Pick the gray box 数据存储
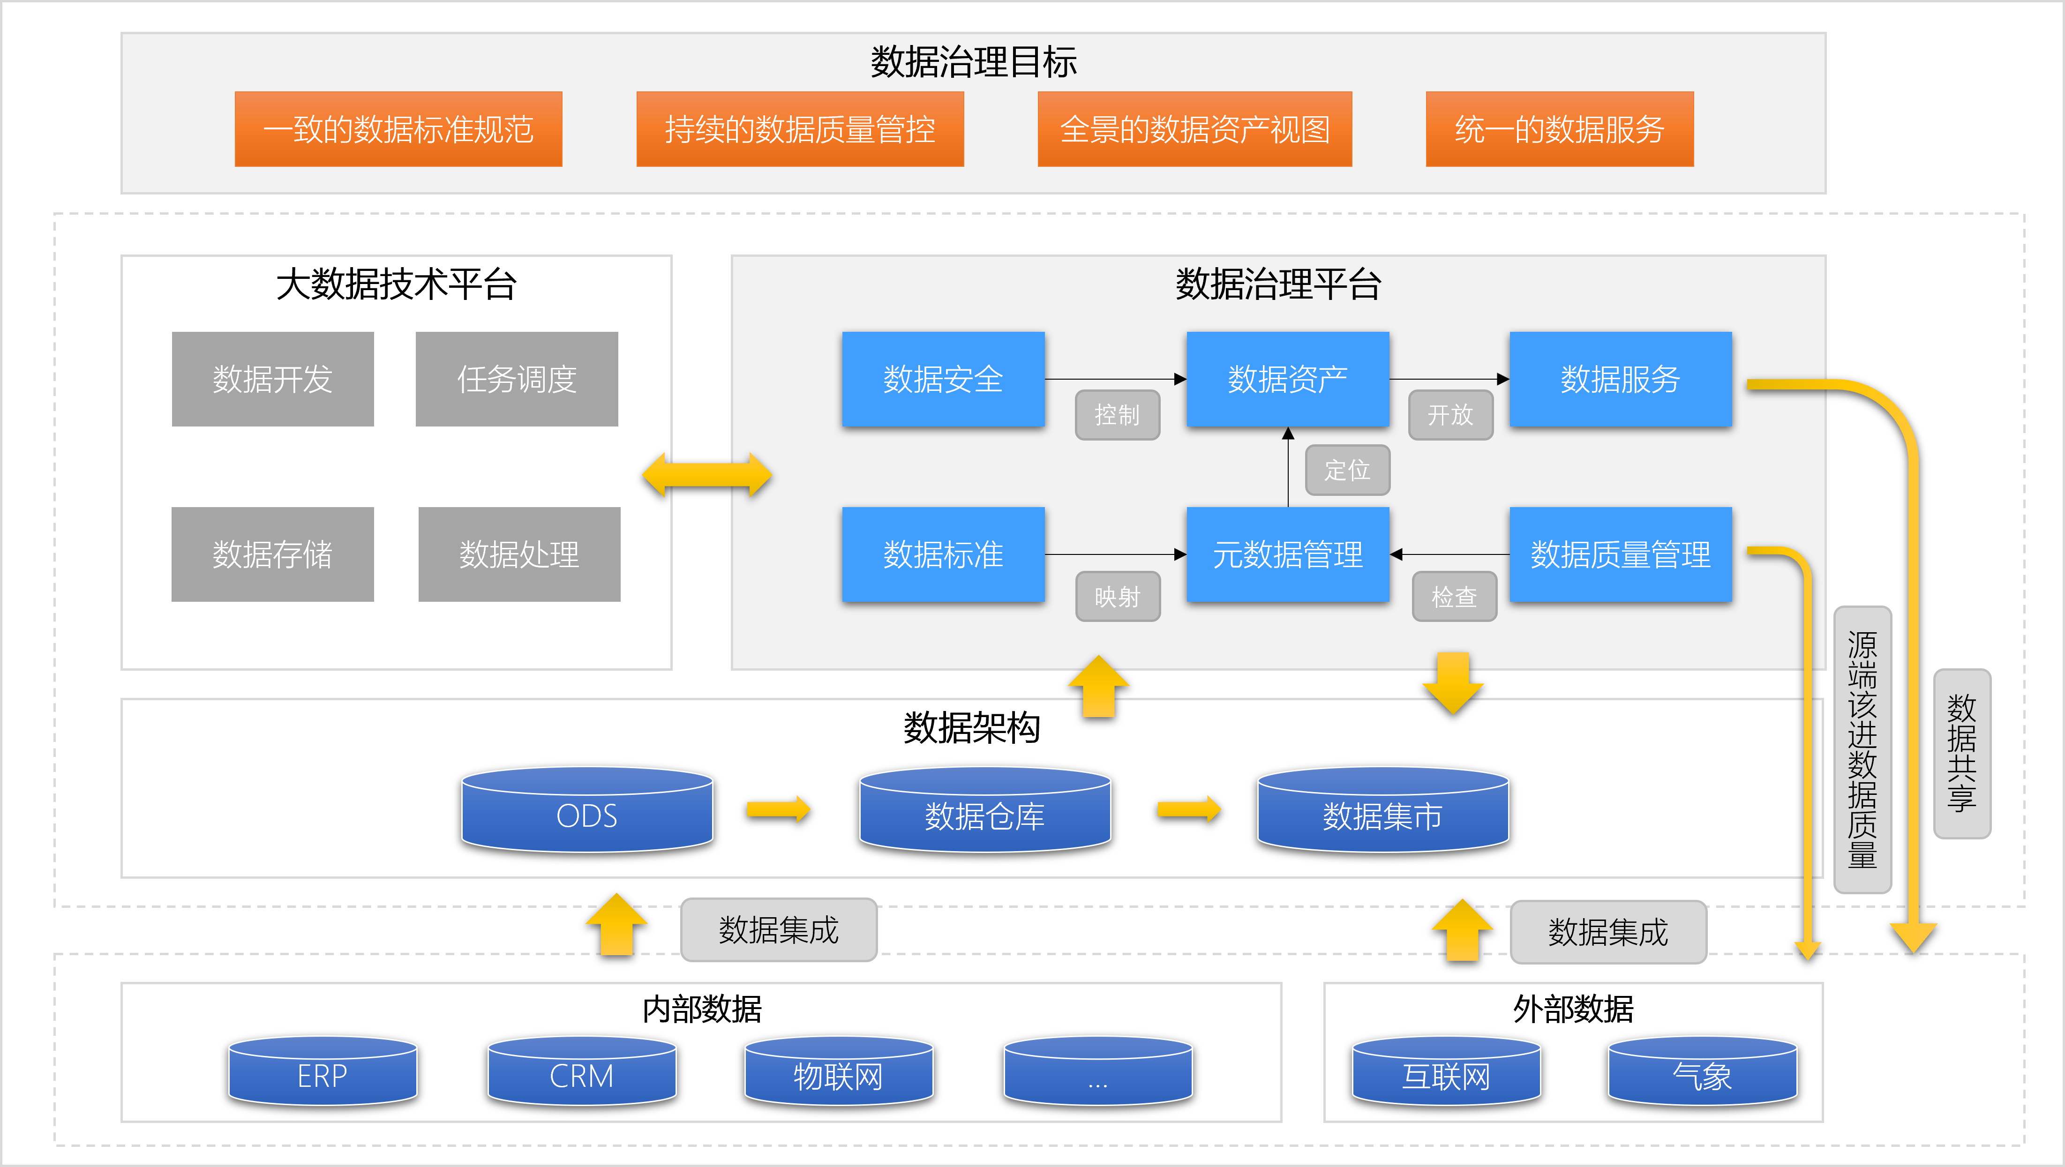pyautogui.click(x=272, y=554)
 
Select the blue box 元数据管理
pyautogui.click(x=1287, y=554)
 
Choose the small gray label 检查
pyautogui.click(x=1453, y=596)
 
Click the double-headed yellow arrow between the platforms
pyautogui.click(x=706, y=475)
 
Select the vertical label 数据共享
pyautogui.click(x=1961, y=754)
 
